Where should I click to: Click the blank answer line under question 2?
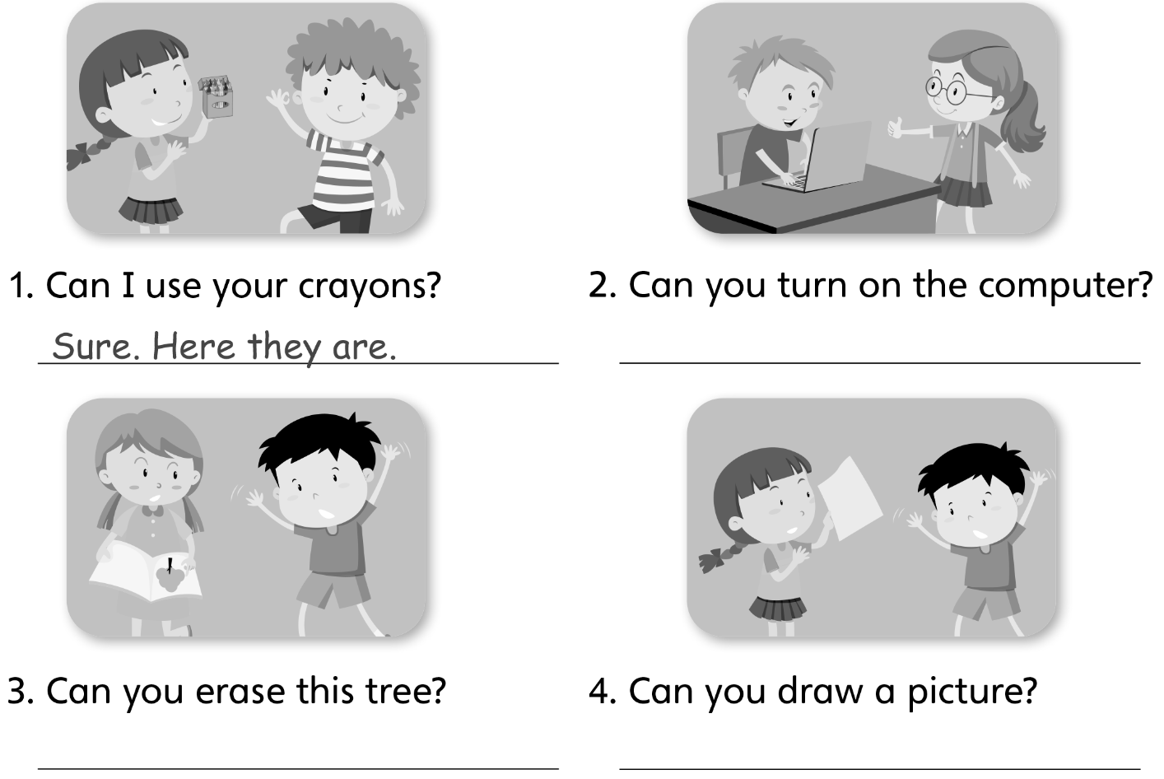tap(879, 361)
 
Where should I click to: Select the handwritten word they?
tap(286, 348)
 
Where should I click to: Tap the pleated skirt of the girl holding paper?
tap(777, 609)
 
